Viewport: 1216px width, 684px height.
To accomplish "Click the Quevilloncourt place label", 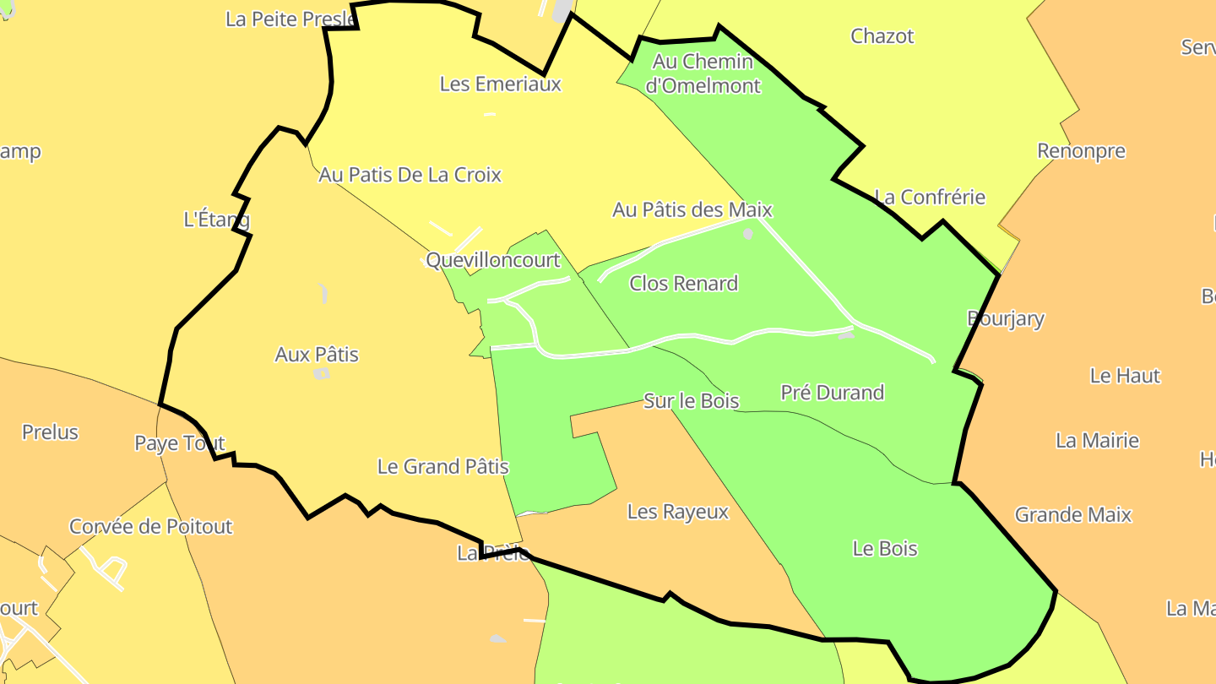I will [x=493, y=260].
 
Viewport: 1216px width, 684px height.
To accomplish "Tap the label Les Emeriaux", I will [x=501, y=84].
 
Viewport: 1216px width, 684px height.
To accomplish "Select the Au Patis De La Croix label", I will [x=410, y=175].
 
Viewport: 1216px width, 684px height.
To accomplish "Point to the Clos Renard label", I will [x=684, y=284].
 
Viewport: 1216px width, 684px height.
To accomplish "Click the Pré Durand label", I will [x=832, y=393].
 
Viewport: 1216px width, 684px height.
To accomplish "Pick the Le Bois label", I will [x=885, y=549].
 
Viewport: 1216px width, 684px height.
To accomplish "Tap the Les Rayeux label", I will [x=678, y=512].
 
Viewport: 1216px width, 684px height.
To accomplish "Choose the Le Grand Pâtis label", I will [x=443, y=466].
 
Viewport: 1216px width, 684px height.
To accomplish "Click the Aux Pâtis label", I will [x=317, y=355].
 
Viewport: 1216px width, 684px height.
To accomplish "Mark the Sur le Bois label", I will [x=692, y=401].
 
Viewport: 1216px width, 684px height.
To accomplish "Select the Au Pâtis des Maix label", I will [x=692, y=209].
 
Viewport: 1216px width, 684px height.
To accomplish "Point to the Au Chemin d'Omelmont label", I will [x=703, y=73].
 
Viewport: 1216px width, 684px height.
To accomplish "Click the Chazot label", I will [x=882, y=36].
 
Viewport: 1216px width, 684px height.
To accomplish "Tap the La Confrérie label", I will [x=930, y=198].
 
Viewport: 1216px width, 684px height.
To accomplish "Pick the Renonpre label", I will [x=1081, y=152].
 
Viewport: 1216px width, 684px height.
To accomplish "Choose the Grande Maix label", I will [x=1072, y=514].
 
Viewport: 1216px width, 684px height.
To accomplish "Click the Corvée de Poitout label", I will [x=150, y=527].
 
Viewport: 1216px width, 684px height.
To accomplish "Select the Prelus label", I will [x=50, y=432].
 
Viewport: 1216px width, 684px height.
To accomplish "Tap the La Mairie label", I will [x=1097, y=441].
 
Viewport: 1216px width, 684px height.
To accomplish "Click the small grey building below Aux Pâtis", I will [x=321, y=374].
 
